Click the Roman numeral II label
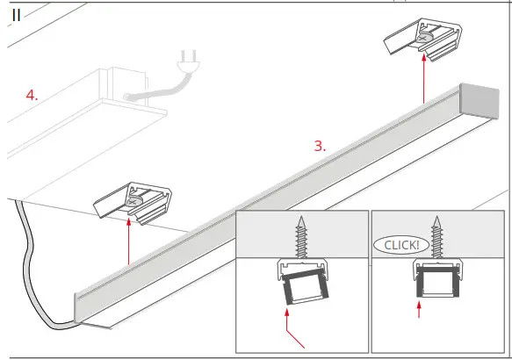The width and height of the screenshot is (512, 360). [x=16, y=18]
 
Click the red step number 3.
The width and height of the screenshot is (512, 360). [x=320, y=147]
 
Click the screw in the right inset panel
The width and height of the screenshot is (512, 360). [x=436, y=237]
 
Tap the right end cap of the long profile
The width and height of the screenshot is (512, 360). [x=486, y=104]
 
